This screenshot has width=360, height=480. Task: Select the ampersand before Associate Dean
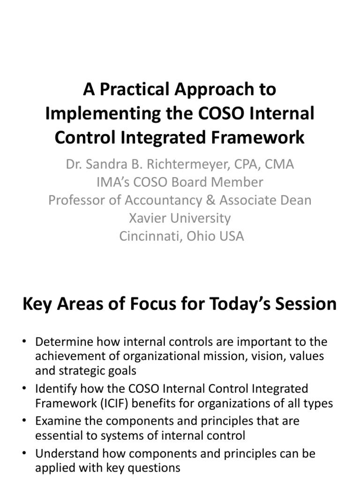coord(211,200)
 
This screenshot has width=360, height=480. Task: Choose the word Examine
coord(60,421)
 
